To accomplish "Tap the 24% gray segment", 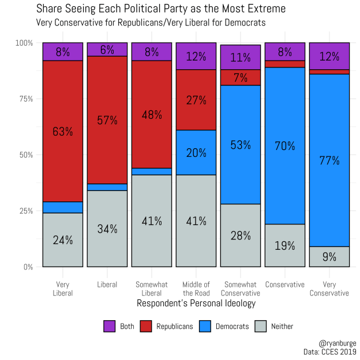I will coord(63,240).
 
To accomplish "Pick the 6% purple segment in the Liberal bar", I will coord(107,50).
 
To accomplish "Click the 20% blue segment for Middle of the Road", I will coord(196,152).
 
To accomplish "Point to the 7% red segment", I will coord(241,77).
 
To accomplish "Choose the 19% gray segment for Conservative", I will coord(285,245).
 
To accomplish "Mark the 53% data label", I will coord(241,144).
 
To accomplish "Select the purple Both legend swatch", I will coord(110,326).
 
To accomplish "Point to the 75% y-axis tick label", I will coord(25,99).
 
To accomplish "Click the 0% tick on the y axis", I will coord(28,267).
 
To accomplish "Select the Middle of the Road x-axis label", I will coord(196,288).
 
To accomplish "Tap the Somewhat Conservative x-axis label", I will coord(241,288).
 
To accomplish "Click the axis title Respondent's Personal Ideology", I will coord(196,303).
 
